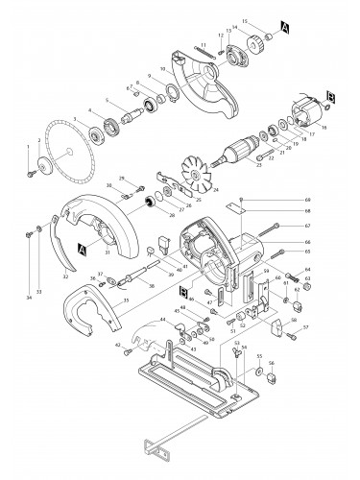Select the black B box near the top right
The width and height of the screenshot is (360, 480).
[331, 96]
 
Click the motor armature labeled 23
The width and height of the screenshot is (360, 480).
[237, 152]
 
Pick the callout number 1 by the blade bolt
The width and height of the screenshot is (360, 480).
[27, 144]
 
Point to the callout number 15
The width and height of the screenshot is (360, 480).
[245, 20]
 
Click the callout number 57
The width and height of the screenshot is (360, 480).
[305, 327]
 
